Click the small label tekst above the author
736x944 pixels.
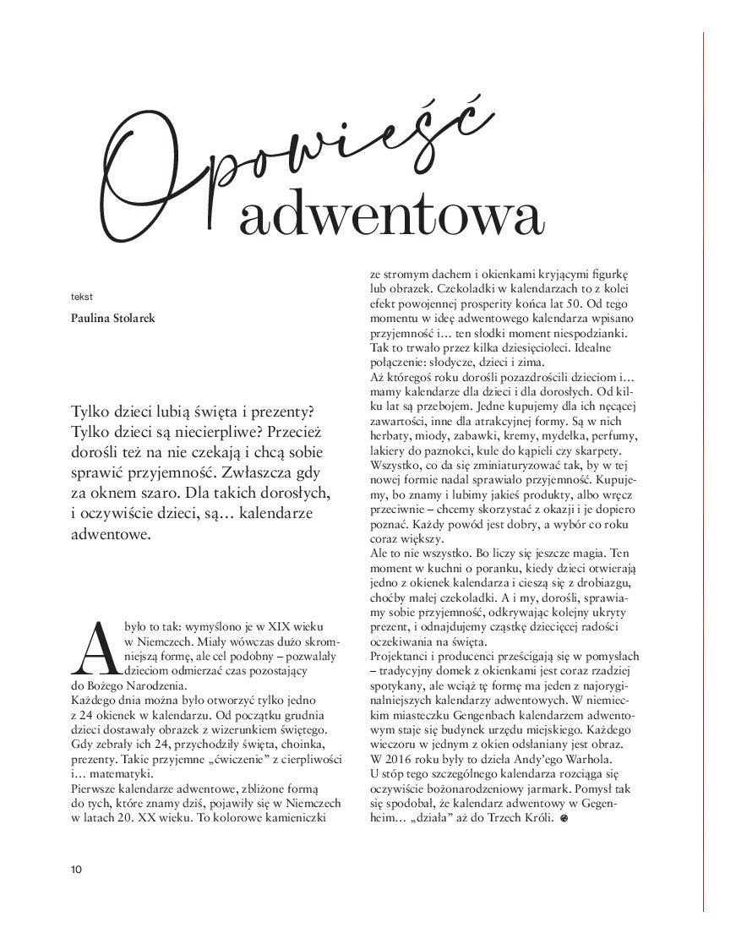pyautogui.click(x=82, y=297)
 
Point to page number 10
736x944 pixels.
pyautogui.click(x=76, y=869)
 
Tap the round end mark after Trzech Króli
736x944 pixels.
pyautogui.click(x=564, y=819)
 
